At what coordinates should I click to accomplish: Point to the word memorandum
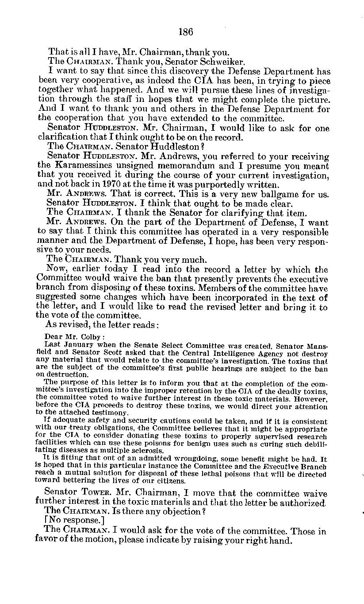point(190,165)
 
